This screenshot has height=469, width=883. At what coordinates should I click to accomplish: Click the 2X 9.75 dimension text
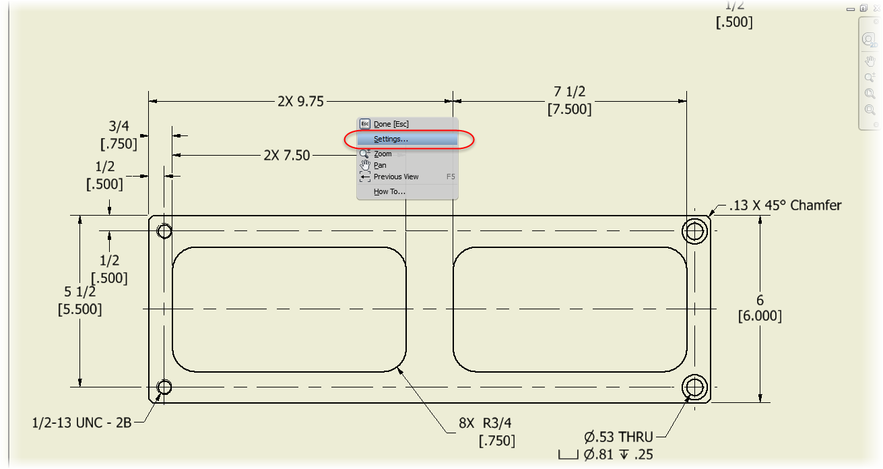point(300,101)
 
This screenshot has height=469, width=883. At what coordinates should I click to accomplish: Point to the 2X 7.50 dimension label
point(286,156)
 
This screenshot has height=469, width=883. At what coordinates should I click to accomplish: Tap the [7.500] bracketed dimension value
point(570,109)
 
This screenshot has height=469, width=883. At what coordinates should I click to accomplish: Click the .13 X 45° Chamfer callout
point(785,205)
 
